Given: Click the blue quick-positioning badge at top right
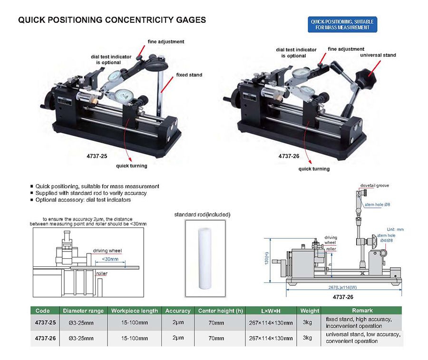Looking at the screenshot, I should coord(342,25).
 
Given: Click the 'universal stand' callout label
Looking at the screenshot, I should coord(378,55).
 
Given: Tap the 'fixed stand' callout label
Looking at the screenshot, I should coord(189,75).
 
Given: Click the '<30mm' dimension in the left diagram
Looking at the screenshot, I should coord(110,260).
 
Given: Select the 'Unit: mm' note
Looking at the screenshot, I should coord(395,229).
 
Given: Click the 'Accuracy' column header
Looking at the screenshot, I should coord(178,311).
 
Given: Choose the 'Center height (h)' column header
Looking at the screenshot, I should coord(220,311).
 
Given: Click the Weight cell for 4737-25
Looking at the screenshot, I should coord(310,322).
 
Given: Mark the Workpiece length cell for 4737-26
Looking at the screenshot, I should coord(135,338).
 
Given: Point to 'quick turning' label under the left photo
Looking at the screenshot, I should coord(132,166).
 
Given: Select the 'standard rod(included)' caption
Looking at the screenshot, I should coord(203,214).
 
